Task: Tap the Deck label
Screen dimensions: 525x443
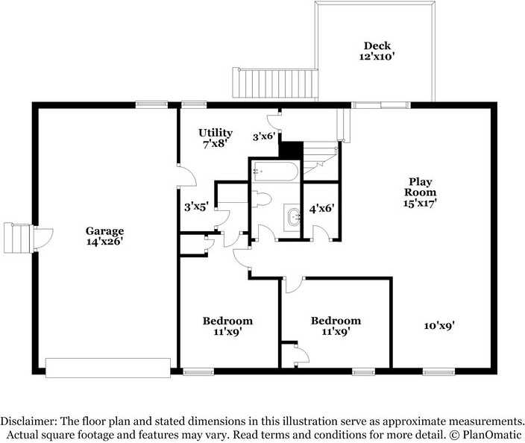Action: coord(377,45)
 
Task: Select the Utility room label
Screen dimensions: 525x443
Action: coord(216,133)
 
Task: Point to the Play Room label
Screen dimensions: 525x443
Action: coord(420,187)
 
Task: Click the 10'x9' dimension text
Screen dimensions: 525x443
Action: coord(439,325)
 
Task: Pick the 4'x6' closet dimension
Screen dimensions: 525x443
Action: coord(321,209)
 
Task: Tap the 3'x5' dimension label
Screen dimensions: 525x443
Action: coord(197,207)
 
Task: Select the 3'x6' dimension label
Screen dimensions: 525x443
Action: coord(264,136)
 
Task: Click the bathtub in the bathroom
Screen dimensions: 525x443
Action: coord(275,172)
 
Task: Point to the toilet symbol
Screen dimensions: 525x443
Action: coord(261,199)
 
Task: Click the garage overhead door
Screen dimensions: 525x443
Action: coord(108,368)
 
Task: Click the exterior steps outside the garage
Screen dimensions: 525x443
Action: coord(16,238)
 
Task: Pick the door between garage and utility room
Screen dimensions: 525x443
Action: coord(187,176)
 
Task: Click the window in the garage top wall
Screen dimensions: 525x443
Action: coord(151,104)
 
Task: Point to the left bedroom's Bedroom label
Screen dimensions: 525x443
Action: coord(227,321)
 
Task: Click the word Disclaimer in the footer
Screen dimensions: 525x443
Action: coord(29,421)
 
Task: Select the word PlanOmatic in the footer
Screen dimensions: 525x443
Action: coord(492,435)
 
